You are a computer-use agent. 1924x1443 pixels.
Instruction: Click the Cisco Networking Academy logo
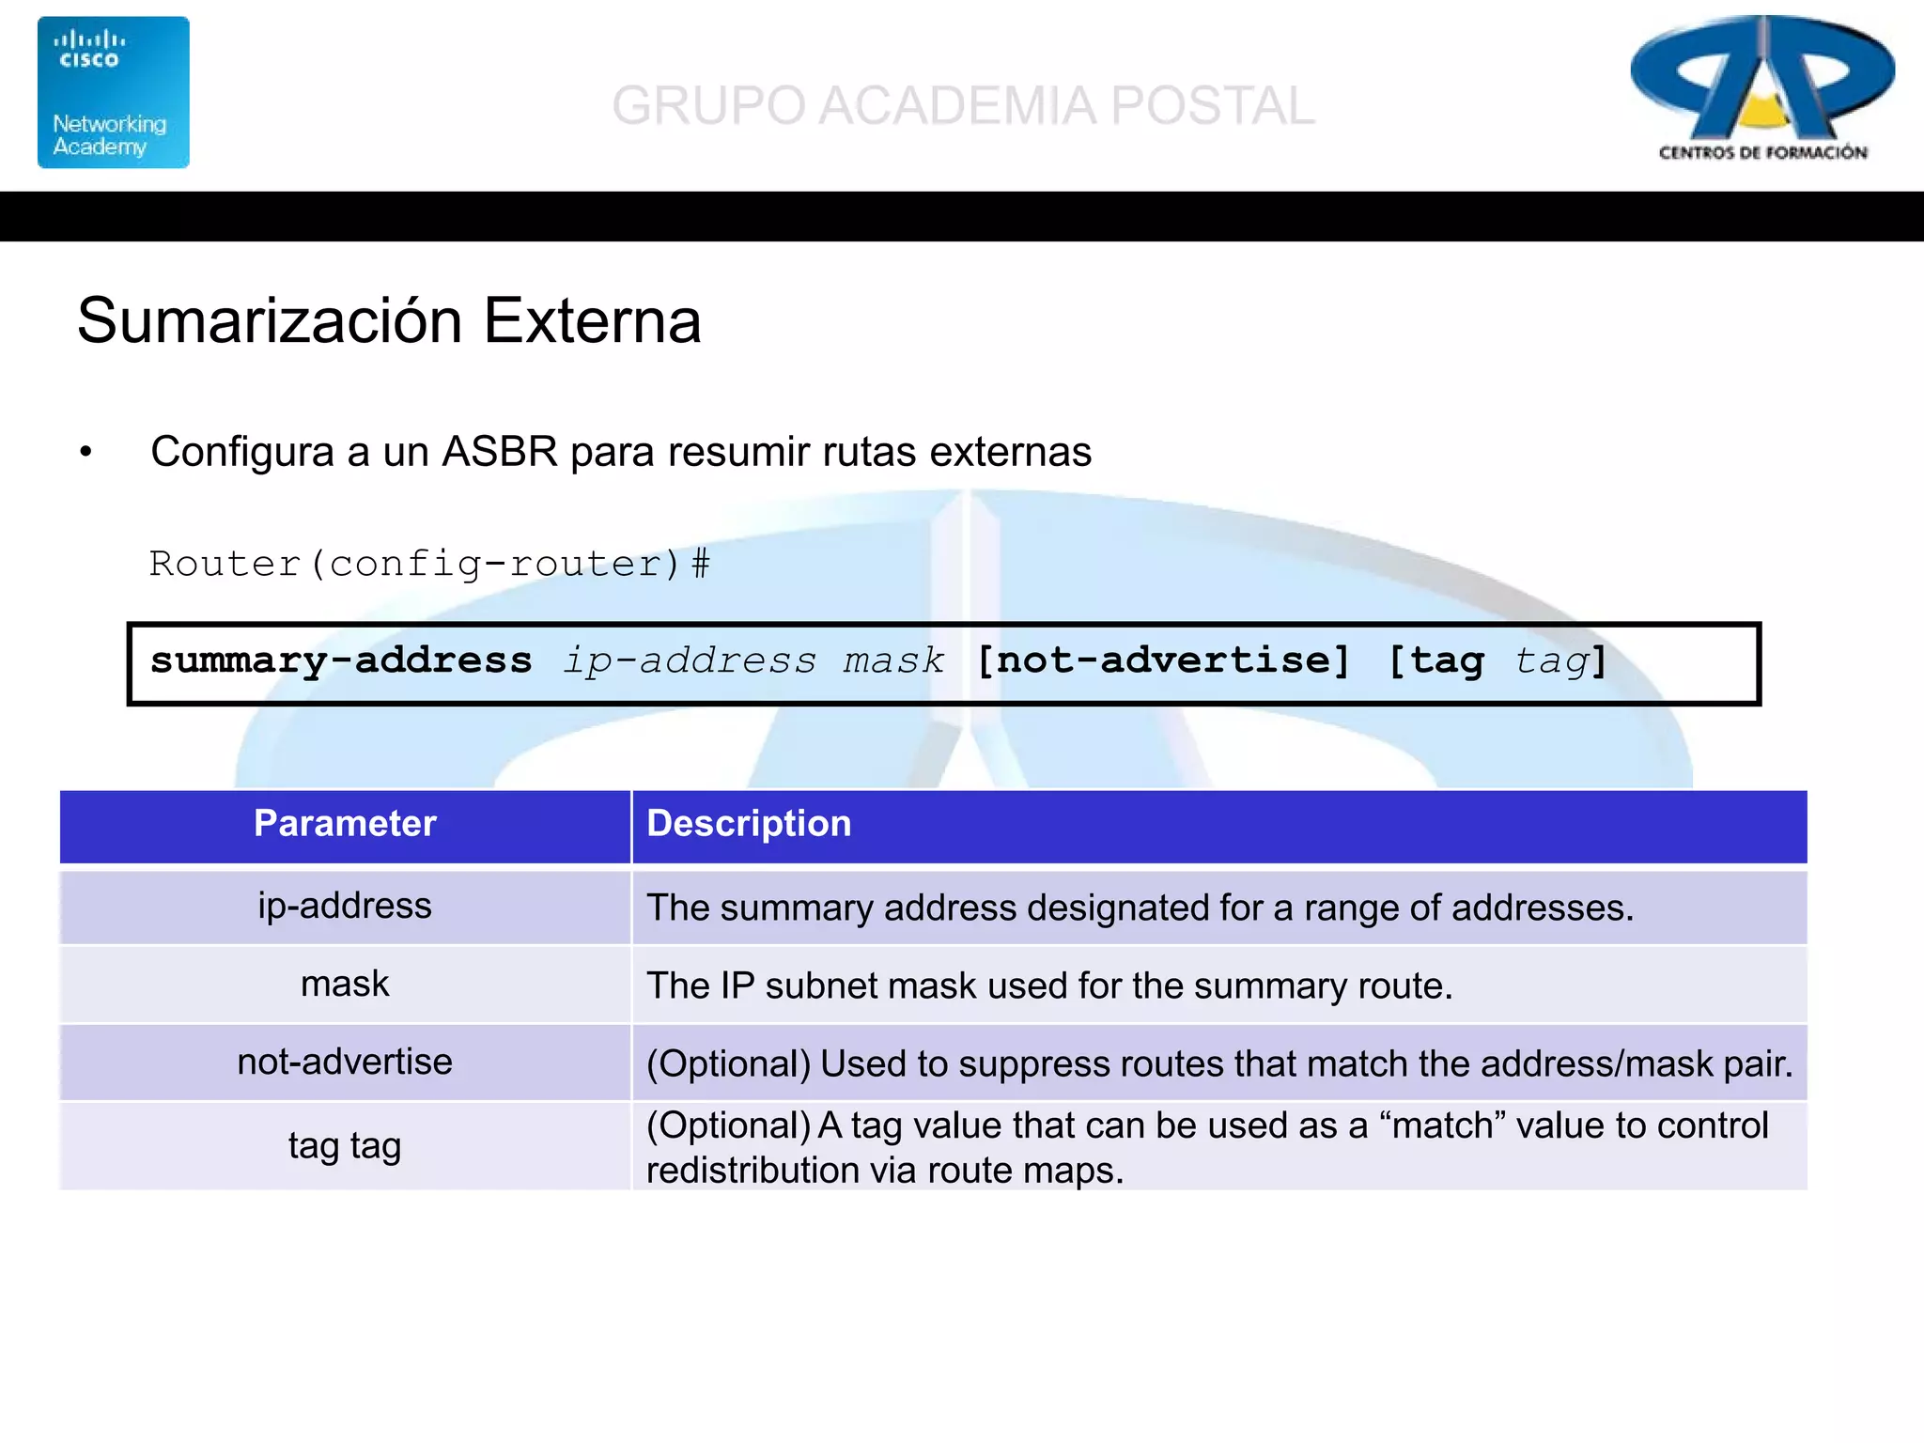click(113, 92)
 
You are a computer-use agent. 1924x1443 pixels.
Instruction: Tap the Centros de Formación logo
click(1762, 88)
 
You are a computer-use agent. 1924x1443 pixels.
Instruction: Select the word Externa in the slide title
click(592, 321)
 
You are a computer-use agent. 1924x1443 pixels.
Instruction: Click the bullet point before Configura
click(86, 452)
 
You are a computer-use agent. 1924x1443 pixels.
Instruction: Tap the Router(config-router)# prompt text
click(429, 564)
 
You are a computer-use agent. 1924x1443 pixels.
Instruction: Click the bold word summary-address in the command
click(341, 660)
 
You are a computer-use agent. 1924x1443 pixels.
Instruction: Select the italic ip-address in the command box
click(690, 660)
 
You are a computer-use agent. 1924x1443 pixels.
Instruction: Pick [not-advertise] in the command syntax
click(1163, 660)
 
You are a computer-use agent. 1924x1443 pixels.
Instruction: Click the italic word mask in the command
click(892, 660)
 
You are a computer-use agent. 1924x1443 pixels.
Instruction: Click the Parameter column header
click(345, 824)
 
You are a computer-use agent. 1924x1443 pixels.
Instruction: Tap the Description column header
click(749, 824)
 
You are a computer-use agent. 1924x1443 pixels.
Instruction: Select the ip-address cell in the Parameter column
click(345, 906)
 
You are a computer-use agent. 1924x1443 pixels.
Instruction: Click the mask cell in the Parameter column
click(345, 984)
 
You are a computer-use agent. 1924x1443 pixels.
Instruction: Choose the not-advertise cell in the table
click(345, 1062)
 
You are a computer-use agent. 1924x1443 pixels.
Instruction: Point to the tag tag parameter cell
click(345, 1146)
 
